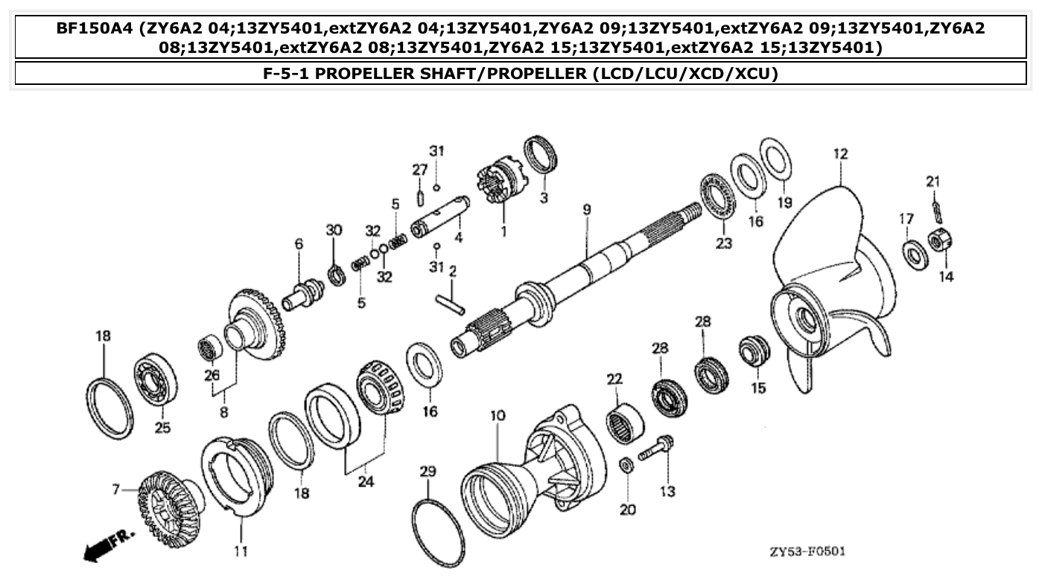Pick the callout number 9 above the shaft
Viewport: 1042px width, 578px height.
click(x=586, y=210)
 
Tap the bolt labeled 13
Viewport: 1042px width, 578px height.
click(x=657, y=448)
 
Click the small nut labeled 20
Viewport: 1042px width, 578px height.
click(x=627, y=466)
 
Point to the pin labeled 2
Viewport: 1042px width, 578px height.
click(x=450, y=302)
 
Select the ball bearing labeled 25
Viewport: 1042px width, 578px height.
click(x=155, y=383)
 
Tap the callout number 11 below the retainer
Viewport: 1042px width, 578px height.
click(x=241, y=551)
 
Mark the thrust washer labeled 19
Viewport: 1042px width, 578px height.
click(x=777, y=159)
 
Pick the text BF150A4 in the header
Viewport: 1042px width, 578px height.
click(x=99, y=29)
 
